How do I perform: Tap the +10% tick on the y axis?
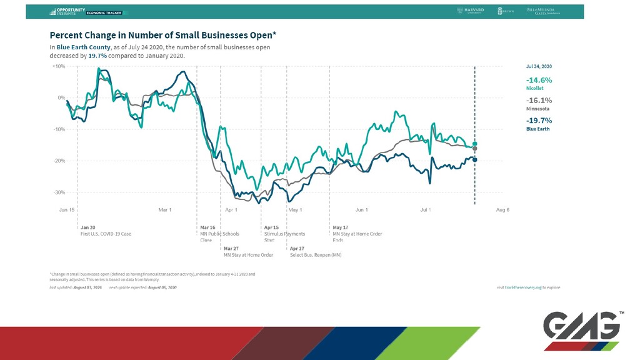tap(58, 66)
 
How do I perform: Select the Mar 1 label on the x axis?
tap(166, 210)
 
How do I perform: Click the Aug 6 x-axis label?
tap(502, 210)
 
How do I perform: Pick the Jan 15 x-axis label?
tap(67, 210)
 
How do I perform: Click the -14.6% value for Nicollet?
tap(539, 80)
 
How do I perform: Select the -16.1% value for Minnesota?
tap(539, 100)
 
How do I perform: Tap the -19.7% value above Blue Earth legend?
tap(539, 120)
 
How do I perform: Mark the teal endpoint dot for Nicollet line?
tap(475, 144)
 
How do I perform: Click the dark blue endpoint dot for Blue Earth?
tap(475, 160)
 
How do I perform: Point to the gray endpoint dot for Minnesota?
tap(475, 149)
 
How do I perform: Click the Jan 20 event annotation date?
tap(88, 227)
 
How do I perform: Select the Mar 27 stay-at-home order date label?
tap(231, 248)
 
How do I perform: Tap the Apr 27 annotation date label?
tap(297, 248)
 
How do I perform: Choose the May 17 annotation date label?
tap(341, 227)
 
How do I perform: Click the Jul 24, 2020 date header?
tap(539, 66)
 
